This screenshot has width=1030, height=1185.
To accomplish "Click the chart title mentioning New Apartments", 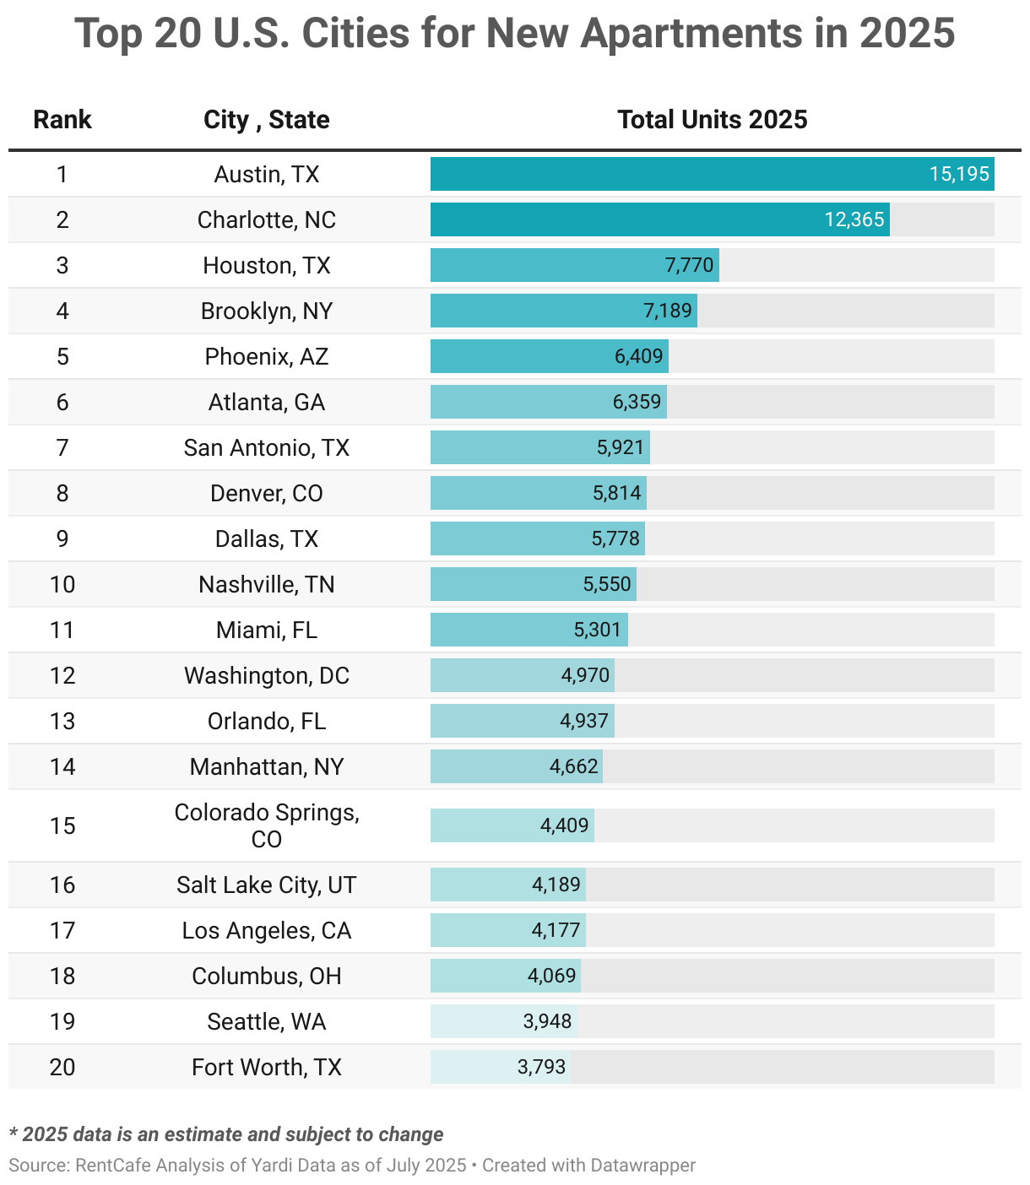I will (x=514, y=34).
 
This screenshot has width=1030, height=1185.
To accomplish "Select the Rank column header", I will (x=62, y=120).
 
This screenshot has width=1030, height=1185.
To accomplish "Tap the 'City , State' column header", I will (x=266, y=120).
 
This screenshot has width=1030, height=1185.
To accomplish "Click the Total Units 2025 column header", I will (x=712, y=120).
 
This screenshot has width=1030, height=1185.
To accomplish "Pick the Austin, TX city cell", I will (x=266, y=175).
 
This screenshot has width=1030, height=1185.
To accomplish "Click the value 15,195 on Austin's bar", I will (x=958, y=175).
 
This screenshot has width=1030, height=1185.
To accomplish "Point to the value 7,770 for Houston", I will (x=689, y=266).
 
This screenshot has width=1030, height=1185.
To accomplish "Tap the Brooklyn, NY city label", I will (x=266, y=311).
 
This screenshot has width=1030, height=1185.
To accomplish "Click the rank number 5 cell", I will (x=62, y=357).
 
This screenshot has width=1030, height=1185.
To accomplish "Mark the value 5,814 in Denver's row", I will (x=616, y=494).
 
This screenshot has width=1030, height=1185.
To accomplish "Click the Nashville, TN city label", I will (x=266, y=585).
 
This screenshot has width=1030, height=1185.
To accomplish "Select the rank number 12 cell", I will (x=62, y=676).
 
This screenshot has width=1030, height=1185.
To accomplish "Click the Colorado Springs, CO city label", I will (x=266, y=825).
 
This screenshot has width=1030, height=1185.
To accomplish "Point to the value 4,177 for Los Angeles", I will (x=556, y=931).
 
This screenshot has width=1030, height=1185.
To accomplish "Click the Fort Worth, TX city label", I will (x=266, y=1068).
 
